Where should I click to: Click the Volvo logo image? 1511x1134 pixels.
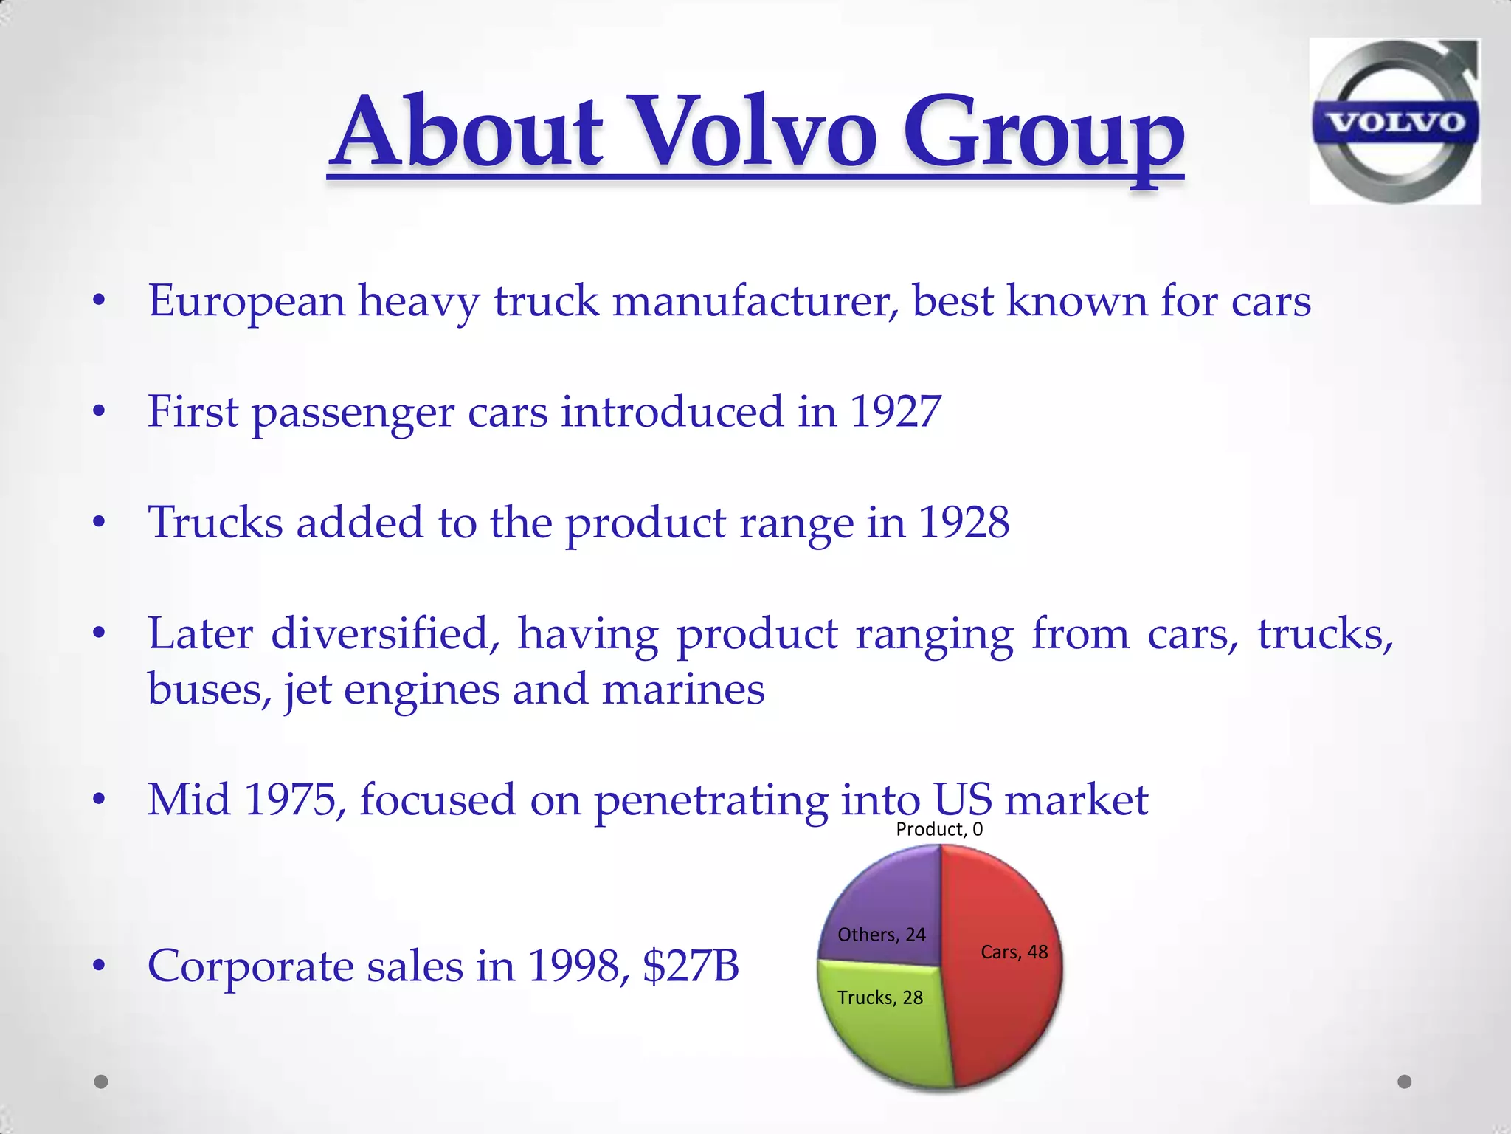click(1394, 122)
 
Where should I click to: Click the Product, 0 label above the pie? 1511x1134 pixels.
click(939, 829)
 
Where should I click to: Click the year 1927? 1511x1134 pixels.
click(895, 411)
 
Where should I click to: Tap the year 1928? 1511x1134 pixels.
click(964, 523)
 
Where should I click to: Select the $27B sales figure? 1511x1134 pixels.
click(691, 966)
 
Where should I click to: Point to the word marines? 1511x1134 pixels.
click(682, 690)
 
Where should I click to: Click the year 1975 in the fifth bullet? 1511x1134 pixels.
click(290, 800)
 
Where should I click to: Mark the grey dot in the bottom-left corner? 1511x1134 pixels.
click(102, 1082)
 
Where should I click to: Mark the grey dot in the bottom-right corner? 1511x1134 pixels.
click(1405, 1082)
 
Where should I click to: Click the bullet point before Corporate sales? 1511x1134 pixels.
click(100, 966)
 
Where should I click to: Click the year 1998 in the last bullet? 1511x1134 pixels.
click(574, 966)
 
